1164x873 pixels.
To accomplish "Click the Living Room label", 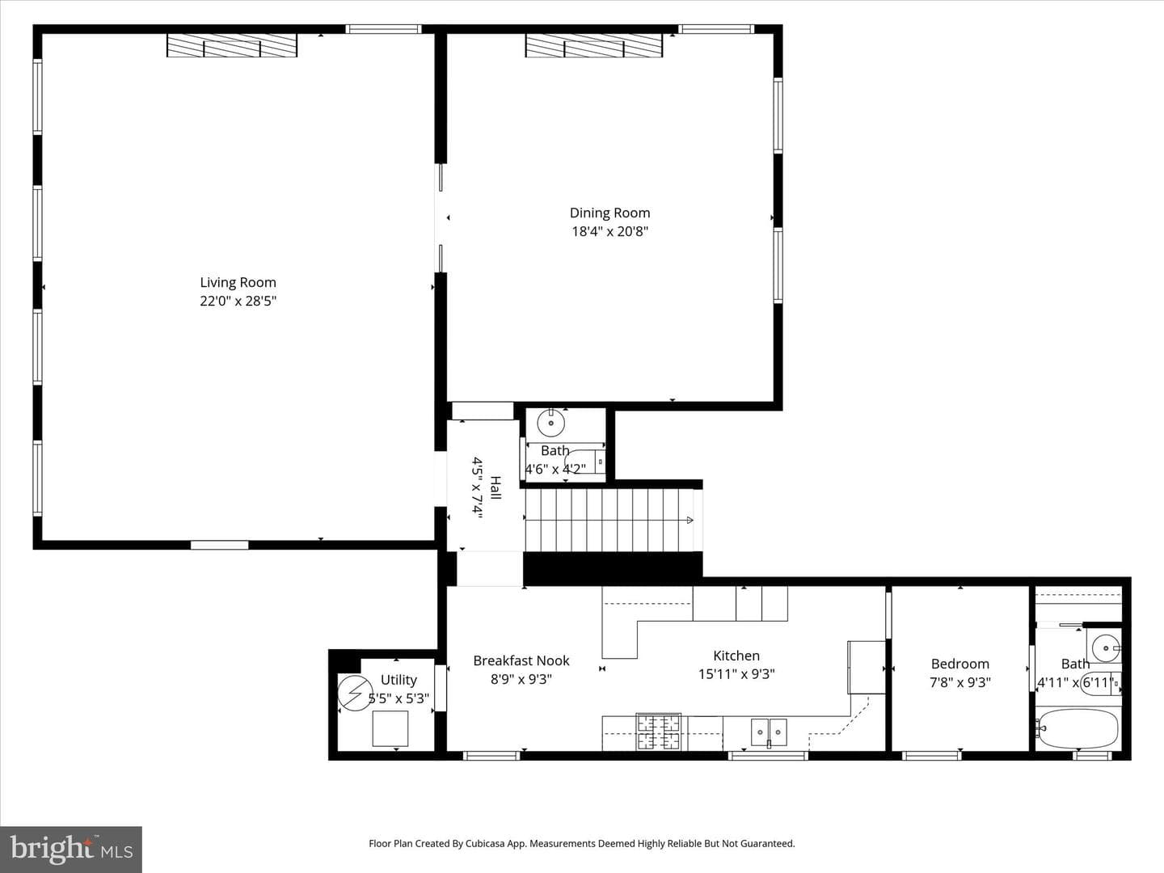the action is coord(238,283).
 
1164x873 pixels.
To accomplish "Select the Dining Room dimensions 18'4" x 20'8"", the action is coord(609,232).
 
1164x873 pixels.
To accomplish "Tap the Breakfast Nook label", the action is coord(521,660).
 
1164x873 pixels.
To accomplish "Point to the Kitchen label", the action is coord(736,656).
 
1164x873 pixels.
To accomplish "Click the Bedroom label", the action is coord(959,664).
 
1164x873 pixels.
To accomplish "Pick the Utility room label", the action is coord(399,680).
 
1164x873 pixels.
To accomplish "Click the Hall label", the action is coord(495,487).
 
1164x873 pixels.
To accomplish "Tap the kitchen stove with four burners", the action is coord(658,732).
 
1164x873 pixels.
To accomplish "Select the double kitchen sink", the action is coord(769,732).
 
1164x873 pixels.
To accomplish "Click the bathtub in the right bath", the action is coord(1078,729).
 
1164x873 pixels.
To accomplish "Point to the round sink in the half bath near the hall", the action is coord(551,423).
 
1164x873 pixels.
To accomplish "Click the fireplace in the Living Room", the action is coord(232,45).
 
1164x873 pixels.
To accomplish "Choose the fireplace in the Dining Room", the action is coord(594,45).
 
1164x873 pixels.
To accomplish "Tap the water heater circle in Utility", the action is coord(356,693).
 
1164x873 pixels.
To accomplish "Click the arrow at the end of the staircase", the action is coord(690,520).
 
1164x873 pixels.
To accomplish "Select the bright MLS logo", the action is coord(71,849).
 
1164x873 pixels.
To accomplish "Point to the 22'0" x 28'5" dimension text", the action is coord(238,301).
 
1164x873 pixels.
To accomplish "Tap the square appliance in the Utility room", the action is coord(390,729).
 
